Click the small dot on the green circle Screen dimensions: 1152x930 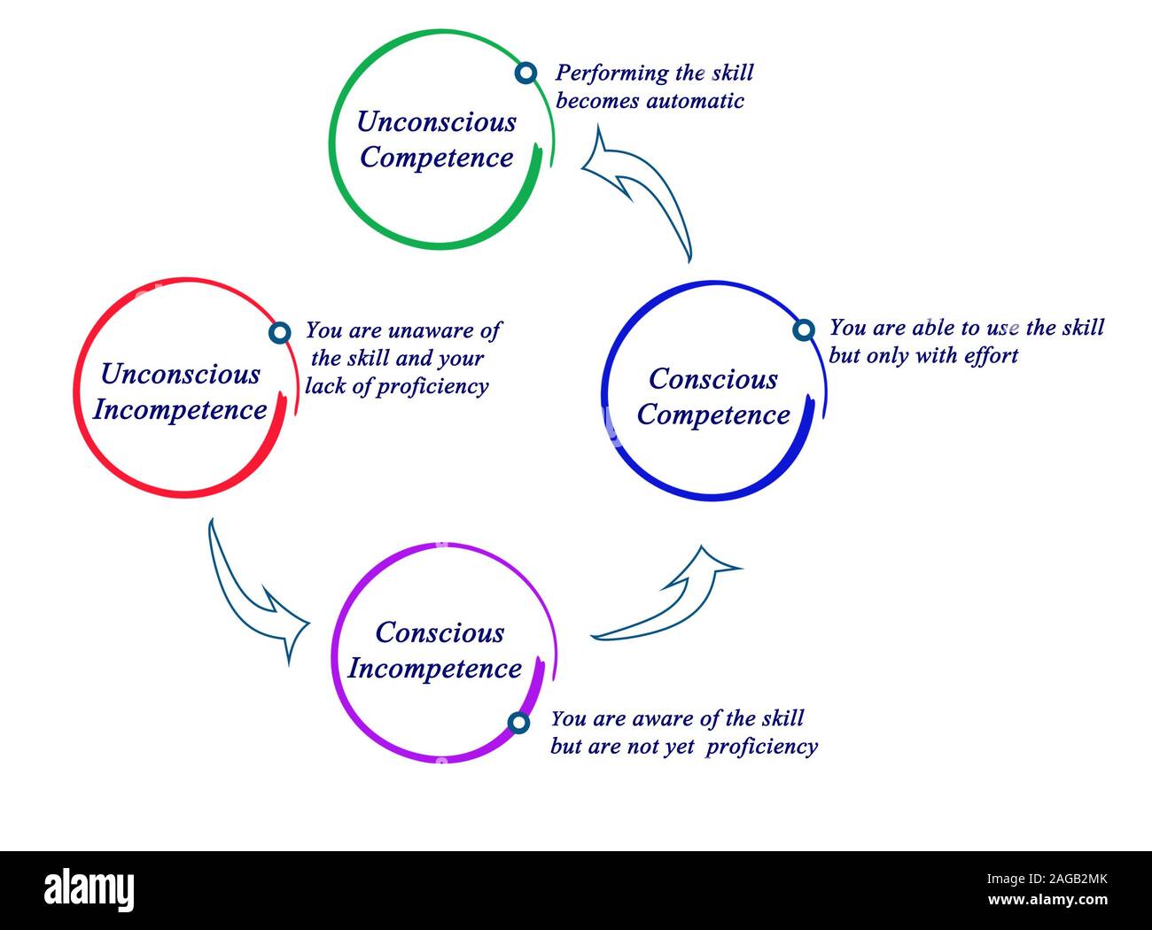pyautogui.click(x=525, y=73)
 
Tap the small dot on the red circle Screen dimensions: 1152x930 pyautogui.click(x=280, y=333)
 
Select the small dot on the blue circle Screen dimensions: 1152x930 pyautogui.click(x=804, y=329)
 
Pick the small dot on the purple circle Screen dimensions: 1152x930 pyautogui.click(x=518, y=723)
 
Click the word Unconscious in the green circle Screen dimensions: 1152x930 pyautogui.click(x=437, y=122)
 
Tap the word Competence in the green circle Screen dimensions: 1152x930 pyautogui.click(x=437, y=159)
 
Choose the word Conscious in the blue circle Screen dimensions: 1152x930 pyautogui.click(x=712, y=379)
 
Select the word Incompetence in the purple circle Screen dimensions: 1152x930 pyautogui.click(x=435, y=669)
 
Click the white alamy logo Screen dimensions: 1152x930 pyautogui.click(x=90, y=889)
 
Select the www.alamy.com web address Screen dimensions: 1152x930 pyautogui.click(x=1047, y=900)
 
